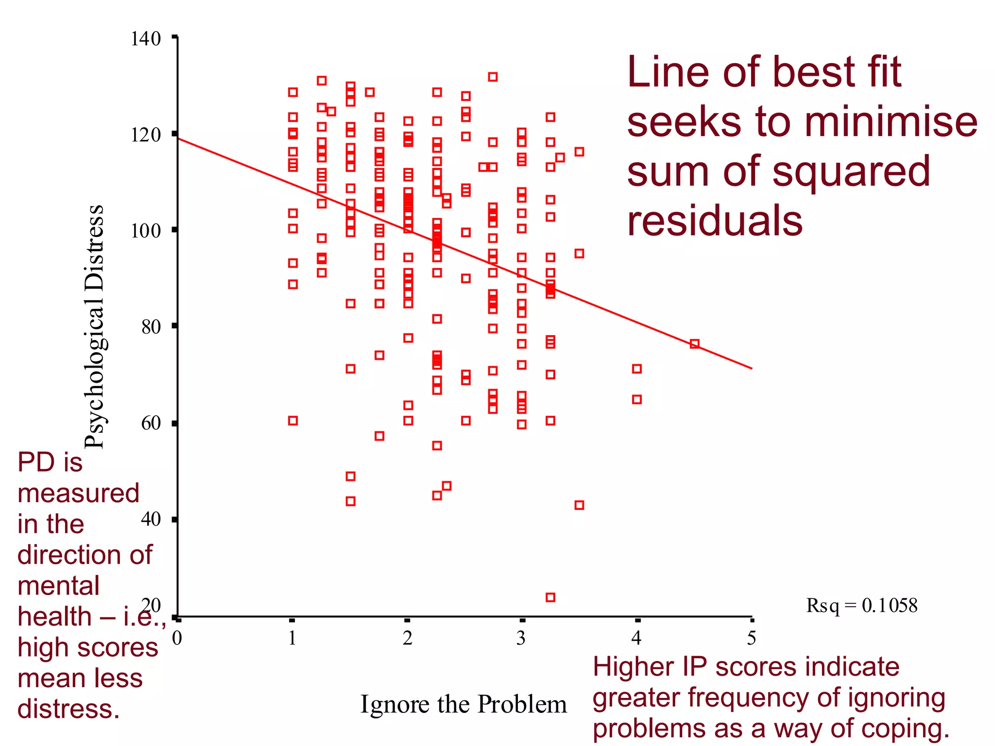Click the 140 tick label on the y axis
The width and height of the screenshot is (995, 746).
tap(145, 39)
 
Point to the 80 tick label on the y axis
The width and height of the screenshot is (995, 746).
tap(151, 327)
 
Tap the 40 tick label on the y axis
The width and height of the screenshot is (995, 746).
tap(151, 519)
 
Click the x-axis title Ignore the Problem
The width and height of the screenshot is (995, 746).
tap(463, 704)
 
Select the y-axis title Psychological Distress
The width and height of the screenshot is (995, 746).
tap(94, 326)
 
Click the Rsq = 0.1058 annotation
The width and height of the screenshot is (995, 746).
tap(861, 606)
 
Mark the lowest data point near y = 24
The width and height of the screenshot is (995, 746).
tap(550, 597)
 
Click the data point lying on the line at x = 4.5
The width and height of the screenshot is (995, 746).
tap(694, 344)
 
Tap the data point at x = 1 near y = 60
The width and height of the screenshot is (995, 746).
tap(292, 421)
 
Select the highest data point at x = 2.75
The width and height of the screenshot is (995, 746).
tap(493, 77)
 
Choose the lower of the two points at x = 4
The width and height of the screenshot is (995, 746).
tap(636, 399)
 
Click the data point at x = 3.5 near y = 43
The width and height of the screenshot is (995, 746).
tap(579, 505)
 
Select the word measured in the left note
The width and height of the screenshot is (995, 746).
tap(78, 493)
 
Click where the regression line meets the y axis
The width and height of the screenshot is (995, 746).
tap(178, 139)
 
